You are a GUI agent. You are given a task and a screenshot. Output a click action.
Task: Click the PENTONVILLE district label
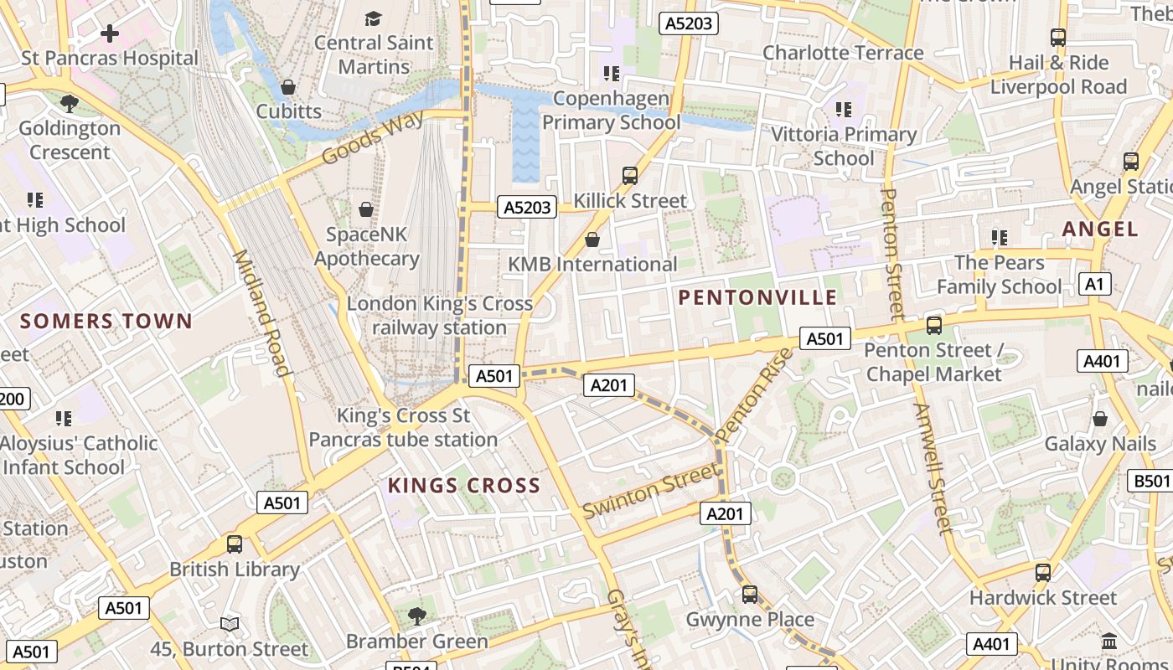[757, 297]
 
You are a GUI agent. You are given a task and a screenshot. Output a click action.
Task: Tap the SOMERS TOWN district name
[106, 321]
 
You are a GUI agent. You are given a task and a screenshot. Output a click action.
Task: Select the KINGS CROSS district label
[463, 486]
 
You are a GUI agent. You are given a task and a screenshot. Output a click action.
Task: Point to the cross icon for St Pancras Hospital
[110, 34]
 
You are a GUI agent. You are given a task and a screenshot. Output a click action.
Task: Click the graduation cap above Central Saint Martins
[373, 18]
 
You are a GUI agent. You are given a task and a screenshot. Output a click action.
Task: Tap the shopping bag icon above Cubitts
[288, 87]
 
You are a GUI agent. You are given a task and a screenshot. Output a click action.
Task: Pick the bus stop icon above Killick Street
[630, 176]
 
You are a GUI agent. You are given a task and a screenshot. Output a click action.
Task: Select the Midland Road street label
[261, 312]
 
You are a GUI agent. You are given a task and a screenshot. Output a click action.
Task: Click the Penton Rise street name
[755, 394]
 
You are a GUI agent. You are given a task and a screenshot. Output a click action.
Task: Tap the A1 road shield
[1094, 284]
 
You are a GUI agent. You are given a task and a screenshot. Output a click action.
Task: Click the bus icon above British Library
[235, 544]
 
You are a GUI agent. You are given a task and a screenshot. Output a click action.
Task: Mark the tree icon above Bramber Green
[416, 616]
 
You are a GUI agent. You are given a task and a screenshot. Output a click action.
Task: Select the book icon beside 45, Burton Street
[230, 624]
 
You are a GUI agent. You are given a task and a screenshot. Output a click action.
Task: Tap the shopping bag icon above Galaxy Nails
[1099, 419]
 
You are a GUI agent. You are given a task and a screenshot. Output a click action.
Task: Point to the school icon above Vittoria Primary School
[844, 110]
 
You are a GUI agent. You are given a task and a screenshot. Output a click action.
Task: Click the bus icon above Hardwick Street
[1042, 573]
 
